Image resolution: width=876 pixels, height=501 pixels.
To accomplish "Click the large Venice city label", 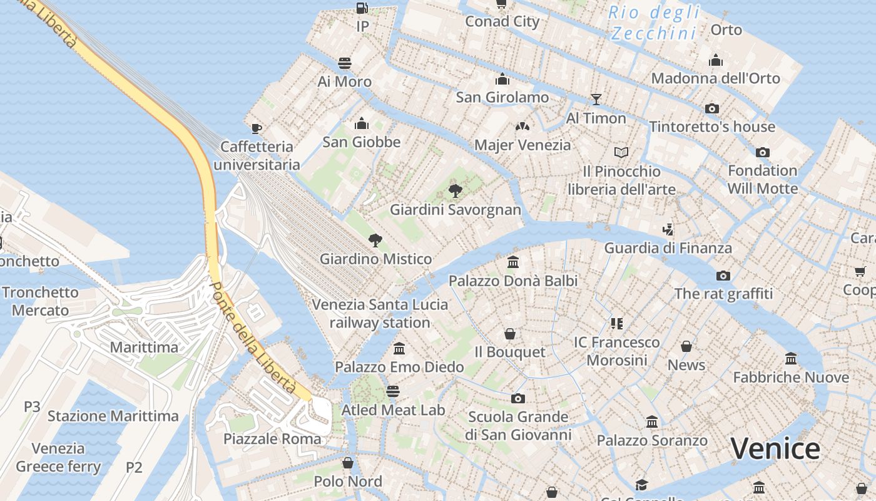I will click(x=775, y=448).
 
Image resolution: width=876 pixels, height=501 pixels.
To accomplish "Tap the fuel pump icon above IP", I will click(x=362, y=8).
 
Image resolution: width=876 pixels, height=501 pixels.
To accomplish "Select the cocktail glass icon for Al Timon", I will click(x=596, y=100).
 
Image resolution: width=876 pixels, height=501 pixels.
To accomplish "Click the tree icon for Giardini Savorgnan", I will click(x=456, y=190).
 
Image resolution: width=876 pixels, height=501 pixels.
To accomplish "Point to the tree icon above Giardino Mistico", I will click(x=375, y=240).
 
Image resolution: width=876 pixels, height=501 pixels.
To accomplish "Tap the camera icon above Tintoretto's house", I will click(x=711, y=108).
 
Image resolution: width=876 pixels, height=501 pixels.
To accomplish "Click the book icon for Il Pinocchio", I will click(x=621, y=152).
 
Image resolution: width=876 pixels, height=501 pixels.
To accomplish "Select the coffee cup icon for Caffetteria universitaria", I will click(x=256, y=128).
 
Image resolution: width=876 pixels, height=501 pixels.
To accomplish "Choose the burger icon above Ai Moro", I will click(x=344, y=63).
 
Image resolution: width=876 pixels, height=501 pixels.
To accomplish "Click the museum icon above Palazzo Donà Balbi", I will click(x=513, y=262).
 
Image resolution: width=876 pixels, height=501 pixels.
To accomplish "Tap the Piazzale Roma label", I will click(x=272, y=438).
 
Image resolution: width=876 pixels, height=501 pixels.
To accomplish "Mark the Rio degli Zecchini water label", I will click(x=654, y=23).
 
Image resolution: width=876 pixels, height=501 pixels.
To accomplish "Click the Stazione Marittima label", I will click(x=113, y=416).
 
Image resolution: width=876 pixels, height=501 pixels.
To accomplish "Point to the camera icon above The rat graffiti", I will click(x=723, y=276).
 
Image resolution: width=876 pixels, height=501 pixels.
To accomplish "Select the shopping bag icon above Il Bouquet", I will click(x=510, y=334).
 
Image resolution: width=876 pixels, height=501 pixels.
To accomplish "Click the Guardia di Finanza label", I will click(x=668, y=248).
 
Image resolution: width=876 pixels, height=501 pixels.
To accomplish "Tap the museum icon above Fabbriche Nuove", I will click(x=791, y=359).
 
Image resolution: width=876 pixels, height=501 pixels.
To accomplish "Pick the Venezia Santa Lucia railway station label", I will click(x=380, y=313).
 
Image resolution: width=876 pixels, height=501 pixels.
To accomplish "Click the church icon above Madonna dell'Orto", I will click(x=716, y=60).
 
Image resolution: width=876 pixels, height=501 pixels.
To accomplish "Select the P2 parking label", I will click(x=135, y=467).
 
